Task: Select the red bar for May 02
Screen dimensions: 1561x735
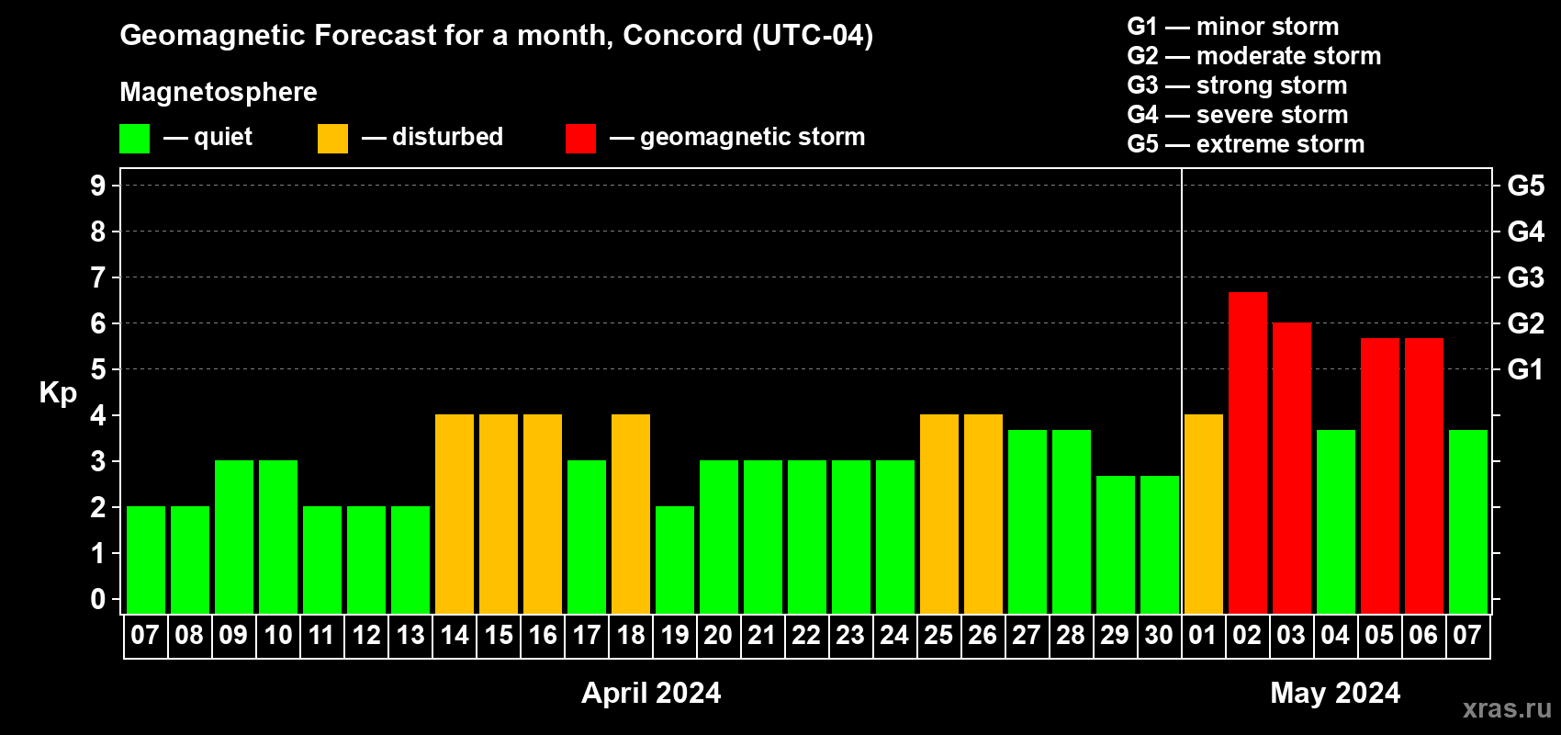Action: [x=1247, y=453]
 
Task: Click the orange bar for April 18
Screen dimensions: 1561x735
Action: [x=631, y=514]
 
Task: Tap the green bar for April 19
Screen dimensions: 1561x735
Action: [x=675, y=560]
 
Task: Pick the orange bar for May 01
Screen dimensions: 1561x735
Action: [x=1204, y=514]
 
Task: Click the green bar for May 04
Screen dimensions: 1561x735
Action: [x=1336, y=522]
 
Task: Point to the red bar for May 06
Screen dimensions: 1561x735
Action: [x=1423, y=476]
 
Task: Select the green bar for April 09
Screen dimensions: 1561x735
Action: [x=234, y=537]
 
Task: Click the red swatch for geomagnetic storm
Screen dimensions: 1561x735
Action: [x=580, y=138]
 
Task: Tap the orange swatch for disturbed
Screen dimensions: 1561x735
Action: [x=332, y=138]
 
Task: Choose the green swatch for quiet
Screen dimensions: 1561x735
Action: [x=134, y=138]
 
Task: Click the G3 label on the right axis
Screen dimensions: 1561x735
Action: [x=1525, y=277]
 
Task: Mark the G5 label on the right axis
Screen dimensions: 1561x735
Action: [x=1525, y=186]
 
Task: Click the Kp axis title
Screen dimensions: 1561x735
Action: [x=58, y=393]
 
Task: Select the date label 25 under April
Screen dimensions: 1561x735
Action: [x=938, y=635]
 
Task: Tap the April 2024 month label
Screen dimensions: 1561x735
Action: [x=651, y=693]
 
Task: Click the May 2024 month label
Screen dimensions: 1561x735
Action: [x=1335, y=693]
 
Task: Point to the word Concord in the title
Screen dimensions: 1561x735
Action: [x=683, y=35]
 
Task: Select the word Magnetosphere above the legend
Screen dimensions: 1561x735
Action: [x=219, y=92]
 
